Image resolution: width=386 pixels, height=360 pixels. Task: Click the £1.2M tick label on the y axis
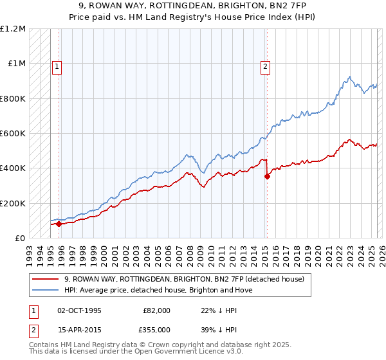pos(13,29)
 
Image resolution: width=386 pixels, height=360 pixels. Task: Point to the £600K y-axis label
pos(13,134)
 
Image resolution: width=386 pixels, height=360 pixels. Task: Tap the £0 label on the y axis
pos(20,239)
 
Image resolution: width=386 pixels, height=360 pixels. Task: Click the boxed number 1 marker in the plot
pos(57,65)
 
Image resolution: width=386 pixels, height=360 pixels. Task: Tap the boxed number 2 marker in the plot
pos(265,65)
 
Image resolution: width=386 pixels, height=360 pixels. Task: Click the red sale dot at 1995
pos(59,224)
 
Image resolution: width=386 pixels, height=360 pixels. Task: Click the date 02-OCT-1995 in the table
pos(80,310)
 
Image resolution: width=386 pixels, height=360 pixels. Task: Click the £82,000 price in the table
pos(156,310)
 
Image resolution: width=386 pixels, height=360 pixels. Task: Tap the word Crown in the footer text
pos(149,345)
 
